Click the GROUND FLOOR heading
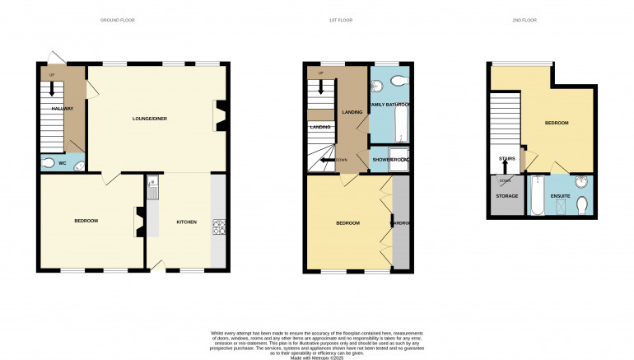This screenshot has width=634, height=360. (117, 20)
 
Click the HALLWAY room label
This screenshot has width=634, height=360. (63, 109)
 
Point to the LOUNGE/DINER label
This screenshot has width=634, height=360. (150, 119)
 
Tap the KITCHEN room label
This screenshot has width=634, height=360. (186, 222)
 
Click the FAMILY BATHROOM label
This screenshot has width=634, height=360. (389, 105)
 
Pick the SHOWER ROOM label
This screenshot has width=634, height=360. (390, 160)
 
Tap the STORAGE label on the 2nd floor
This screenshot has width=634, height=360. (506, 196)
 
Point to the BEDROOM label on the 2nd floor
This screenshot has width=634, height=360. (557, 123)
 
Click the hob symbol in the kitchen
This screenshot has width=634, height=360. (219, 226)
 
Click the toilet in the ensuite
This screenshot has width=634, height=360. (581, 204)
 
